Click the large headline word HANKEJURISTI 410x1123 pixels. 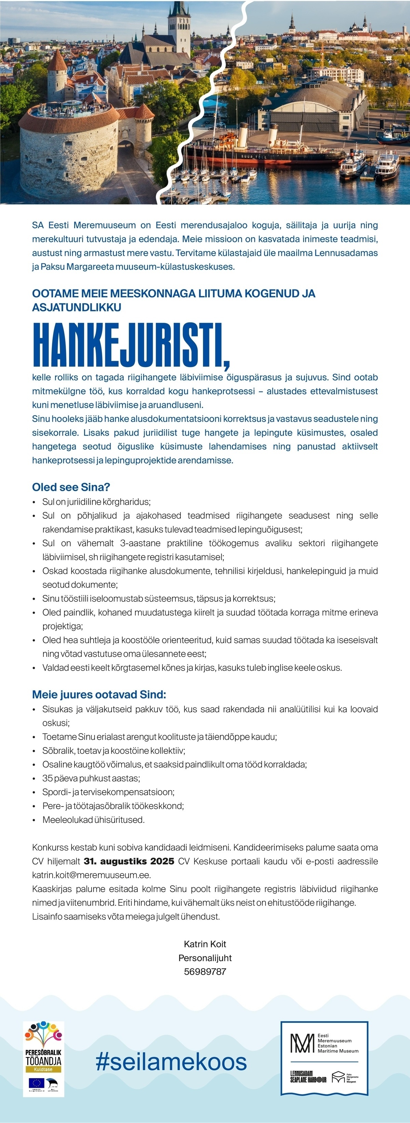(x=131, y=345)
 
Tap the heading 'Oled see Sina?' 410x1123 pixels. (x=71, y=487)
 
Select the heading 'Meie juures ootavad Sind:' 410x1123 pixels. (x=99, y=694)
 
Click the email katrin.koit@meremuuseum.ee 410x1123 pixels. (x=92, y=875)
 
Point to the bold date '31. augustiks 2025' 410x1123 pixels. (x=129, y=861)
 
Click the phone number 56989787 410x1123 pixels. (x=205, y=971)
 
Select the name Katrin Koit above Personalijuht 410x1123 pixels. (x=205, y=944)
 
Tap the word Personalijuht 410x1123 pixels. (x=205, y=958)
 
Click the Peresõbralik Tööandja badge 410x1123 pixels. (x=44, y=1058)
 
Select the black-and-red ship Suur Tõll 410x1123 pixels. (x=261, y=150)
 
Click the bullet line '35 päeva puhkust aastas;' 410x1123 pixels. (x=91, y=778)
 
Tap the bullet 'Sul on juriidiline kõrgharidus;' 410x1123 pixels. (x=96, y=502)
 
